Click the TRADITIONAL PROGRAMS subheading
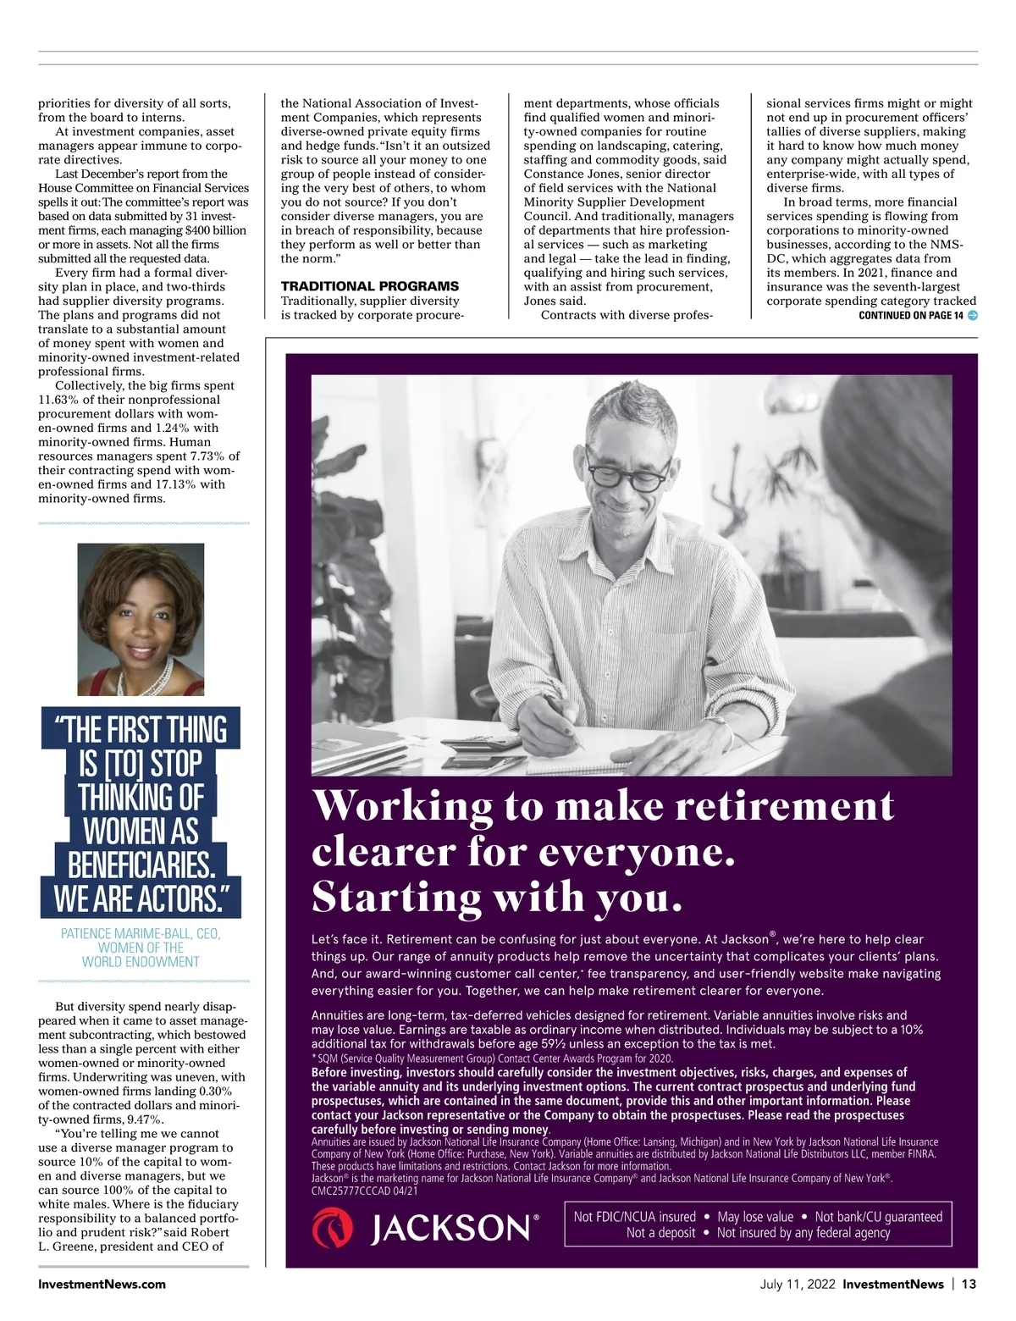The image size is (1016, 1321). pos(369,286)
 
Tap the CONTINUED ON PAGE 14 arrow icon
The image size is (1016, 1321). pos(972,316)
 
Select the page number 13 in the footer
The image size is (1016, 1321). pos(969,1284)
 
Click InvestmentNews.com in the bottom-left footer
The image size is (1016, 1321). pos(102,1284)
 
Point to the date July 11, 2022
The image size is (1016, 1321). pos(797,1284)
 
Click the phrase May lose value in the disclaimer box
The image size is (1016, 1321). pos(755,1217)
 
